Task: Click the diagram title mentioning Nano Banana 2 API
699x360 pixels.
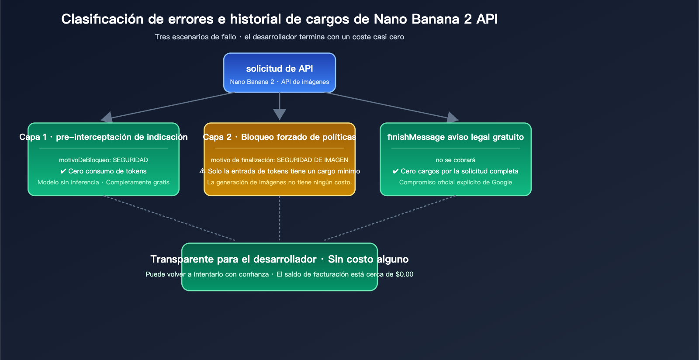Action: point(279,19)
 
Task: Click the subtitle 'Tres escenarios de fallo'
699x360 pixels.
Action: point(195,37)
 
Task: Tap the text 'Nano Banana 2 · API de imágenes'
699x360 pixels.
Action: point(280,82)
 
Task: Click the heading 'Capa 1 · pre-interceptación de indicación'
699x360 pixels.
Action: point(104,137)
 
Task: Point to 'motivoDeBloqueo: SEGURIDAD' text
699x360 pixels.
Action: point(104,160)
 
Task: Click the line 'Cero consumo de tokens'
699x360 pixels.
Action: point(107,171)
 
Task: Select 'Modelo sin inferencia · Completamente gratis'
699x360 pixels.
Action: point(104,182)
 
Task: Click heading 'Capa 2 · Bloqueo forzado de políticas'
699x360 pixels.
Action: point(280,137)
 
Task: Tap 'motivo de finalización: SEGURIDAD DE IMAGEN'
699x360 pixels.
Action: point(280,160)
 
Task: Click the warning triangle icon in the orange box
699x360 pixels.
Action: point(202,171)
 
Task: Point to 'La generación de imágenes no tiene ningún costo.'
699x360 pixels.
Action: point(280,182)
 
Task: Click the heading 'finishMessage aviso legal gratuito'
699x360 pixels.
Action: point(456,137)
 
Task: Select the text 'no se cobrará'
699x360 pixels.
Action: point(456,160)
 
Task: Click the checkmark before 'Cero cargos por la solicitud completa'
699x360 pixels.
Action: point(396,171)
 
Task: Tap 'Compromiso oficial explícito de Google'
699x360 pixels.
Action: point(456,182)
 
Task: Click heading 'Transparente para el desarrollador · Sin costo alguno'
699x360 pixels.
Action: point(280,260)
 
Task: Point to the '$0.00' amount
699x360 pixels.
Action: point(404,274)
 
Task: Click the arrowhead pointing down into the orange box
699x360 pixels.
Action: point(280,114)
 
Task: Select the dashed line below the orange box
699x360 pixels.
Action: point(280,218)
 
